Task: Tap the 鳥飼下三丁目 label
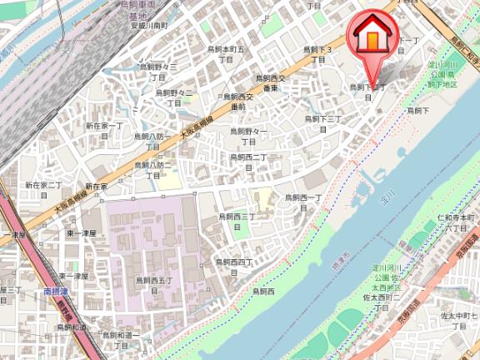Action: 322,124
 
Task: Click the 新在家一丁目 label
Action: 103,130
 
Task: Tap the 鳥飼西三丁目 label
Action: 237,220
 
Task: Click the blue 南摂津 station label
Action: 57,293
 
